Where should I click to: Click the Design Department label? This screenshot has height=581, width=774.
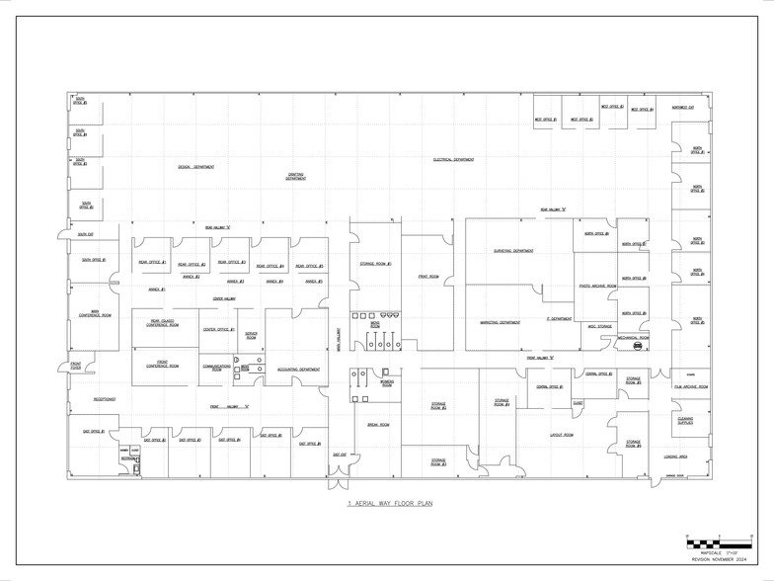pos(195,167)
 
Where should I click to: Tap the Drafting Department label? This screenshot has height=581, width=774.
pos(296,177)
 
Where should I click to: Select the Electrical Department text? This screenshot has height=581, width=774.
pos(453,159)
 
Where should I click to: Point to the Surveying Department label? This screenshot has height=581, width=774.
pos(513,251)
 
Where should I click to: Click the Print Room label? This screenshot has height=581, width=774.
pos(427,277)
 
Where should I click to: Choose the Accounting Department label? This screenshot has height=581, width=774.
pos(298,370)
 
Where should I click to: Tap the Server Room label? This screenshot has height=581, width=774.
pos(251,336)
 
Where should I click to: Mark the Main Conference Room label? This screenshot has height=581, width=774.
pos(95,315)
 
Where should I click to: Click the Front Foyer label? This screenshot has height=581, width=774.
pos(76,366)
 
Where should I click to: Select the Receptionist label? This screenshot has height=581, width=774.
pos(105,399)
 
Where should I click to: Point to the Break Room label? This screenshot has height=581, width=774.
pos(378,425)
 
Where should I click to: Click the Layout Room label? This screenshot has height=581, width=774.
pos(561,434)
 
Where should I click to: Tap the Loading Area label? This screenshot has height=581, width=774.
pos(676,456)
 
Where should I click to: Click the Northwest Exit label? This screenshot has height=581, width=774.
pos(682,108)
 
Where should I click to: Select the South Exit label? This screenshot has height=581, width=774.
pos(85,234)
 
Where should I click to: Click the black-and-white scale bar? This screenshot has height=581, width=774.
pos(719,543)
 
